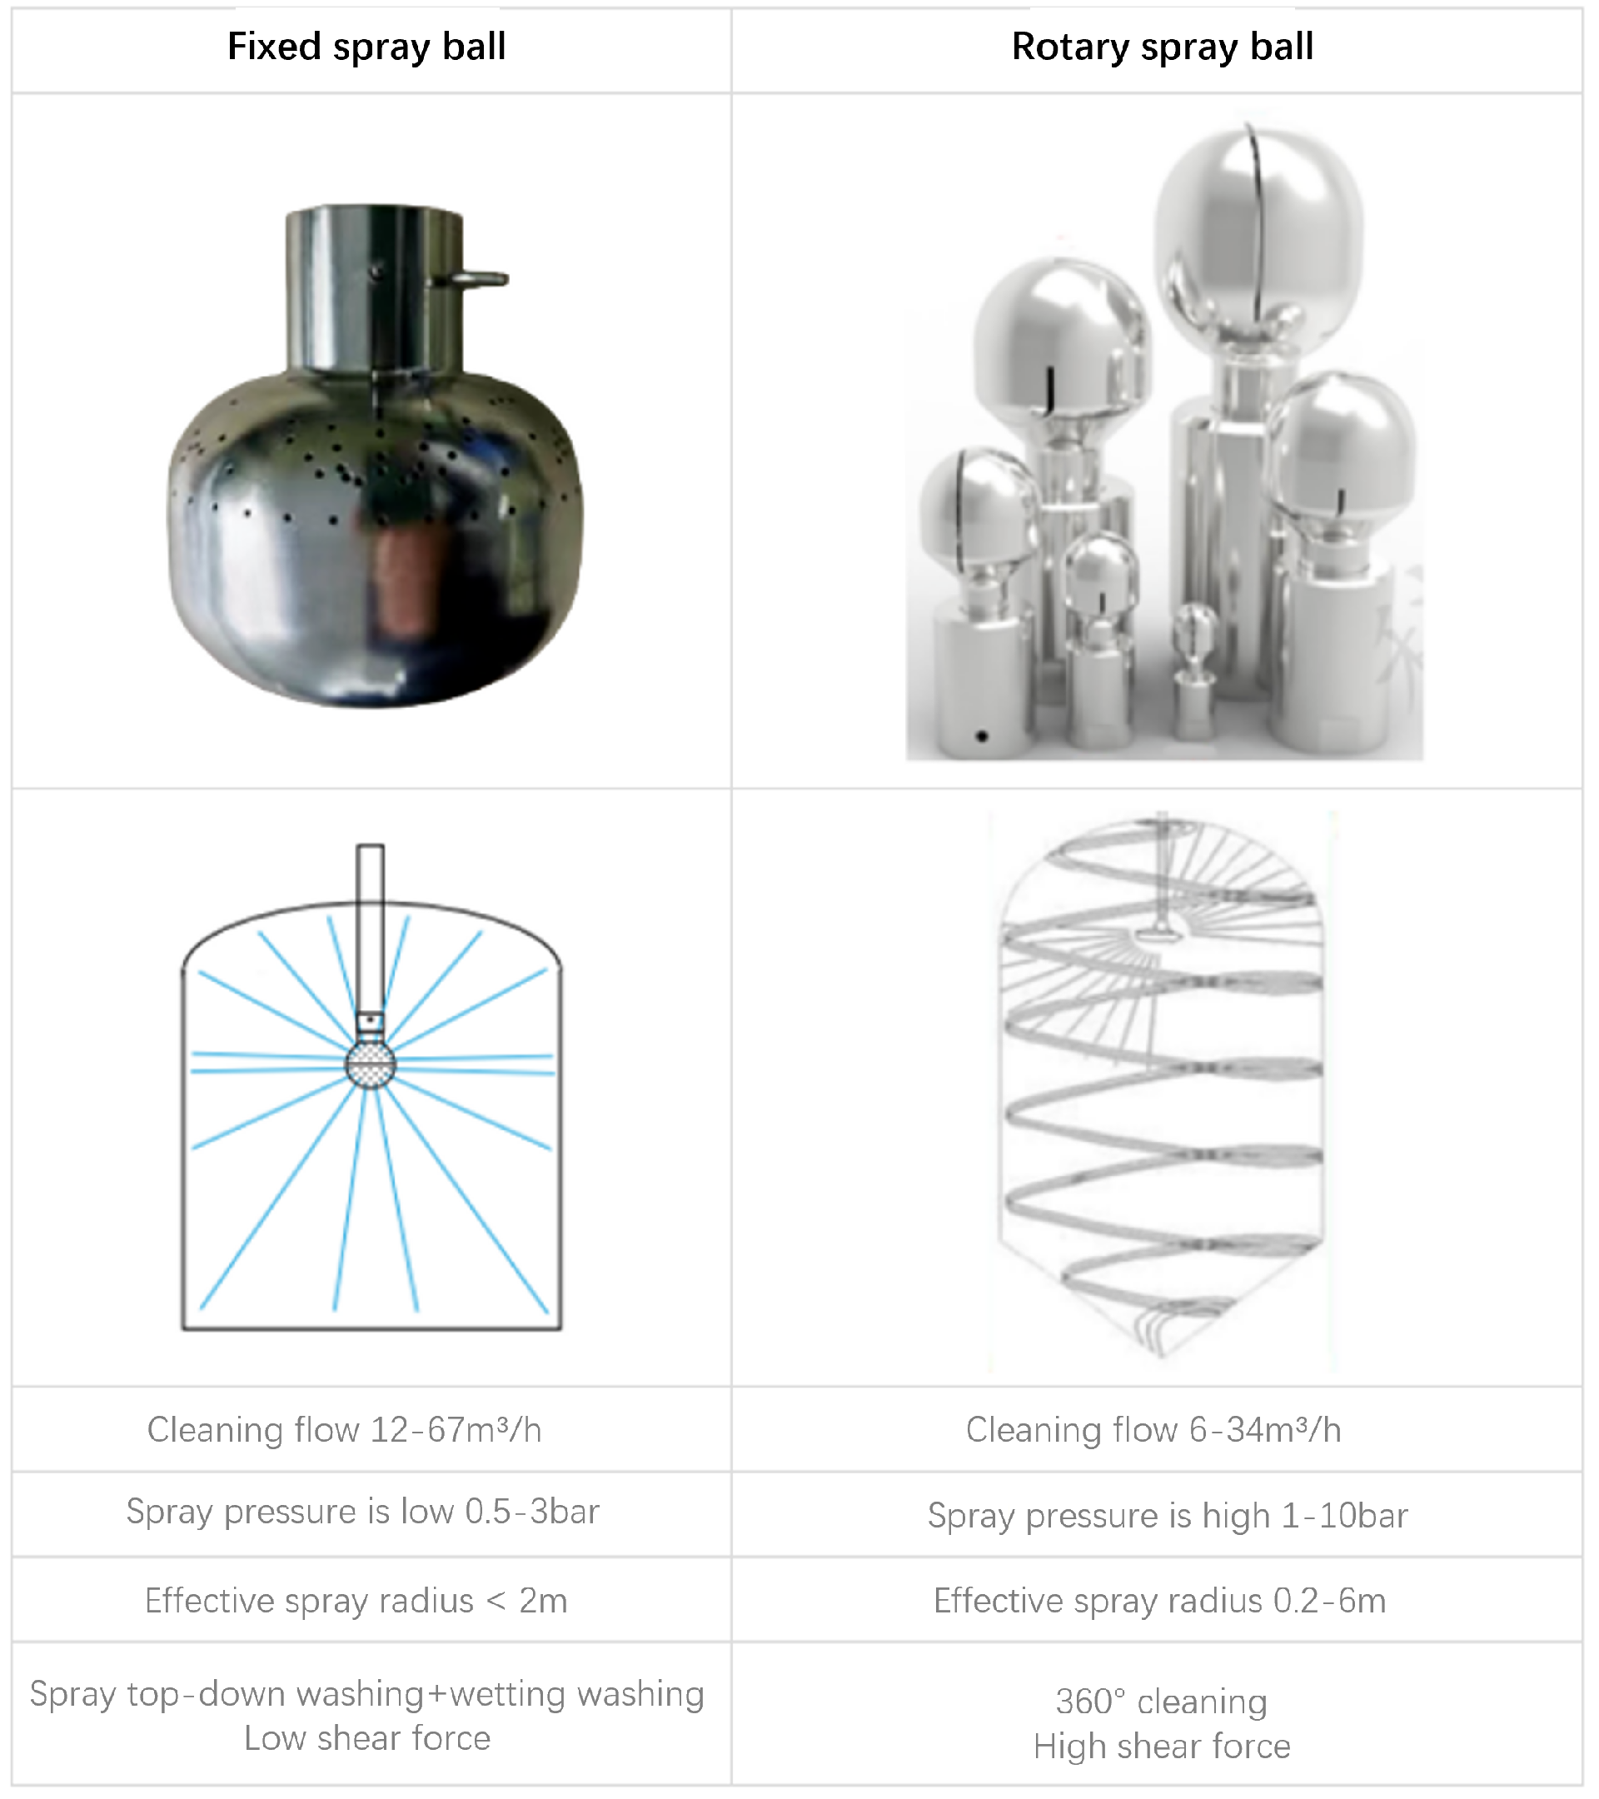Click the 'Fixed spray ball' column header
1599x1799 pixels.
(366, 47)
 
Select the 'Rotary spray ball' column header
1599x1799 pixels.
(1163, 47)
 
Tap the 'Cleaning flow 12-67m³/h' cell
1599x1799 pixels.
(344, 1429)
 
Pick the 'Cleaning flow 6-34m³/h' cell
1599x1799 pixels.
(1153, 1429)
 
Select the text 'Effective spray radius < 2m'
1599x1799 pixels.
(356, 1600)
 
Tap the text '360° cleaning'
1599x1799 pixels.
(1162, 1702)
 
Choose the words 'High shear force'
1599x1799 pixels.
(1162, 1747)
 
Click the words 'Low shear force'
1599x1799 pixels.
(367, 1738)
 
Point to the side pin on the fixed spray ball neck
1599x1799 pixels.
(470, 280)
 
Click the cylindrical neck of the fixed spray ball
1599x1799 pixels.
(375, 289)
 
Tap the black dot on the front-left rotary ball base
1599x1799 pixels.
(982, 735)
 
